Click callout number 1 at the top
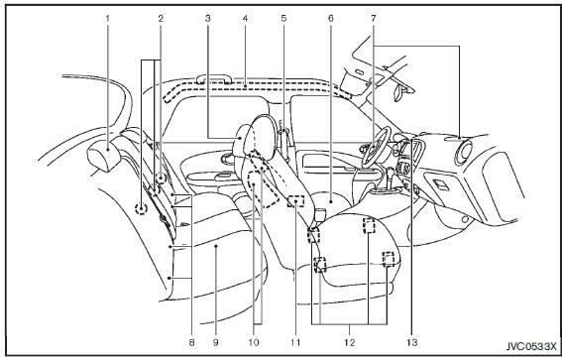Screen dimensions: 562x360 tap(107, 18)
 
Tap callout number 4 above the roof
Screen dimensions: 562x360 tap(245, 18)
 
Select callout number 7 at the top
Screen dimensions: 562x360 tap(374, 18)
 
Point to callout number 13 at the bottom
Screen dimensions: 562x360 tap(412, 342)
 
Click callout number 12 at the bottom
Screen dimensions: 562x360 tap(350, 342)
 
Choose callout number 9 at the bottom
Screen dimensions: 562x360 tap(215, 342)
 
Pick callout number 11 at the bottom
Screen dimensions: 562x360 tap(295, 342)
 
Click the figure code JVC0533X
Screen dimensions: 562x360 tap(531, 347)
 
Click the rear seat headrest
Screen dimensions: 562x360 tap(104, 155)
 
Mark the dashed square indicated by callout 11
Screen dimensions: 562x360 tap(296, 201)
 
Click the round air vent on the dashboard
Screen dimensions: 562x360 tap(464, 153)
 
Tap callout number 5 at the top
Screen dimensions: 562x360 tap(283, 18)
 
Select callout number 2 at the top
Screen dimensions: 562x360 tap(161, 18)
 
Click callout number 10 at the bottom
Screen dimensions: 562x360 tap(254, 342)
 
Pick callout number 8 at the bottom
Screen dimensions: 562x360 tap(191, 342)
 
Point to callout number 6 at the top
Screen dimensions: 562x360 tap(330, 18)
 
